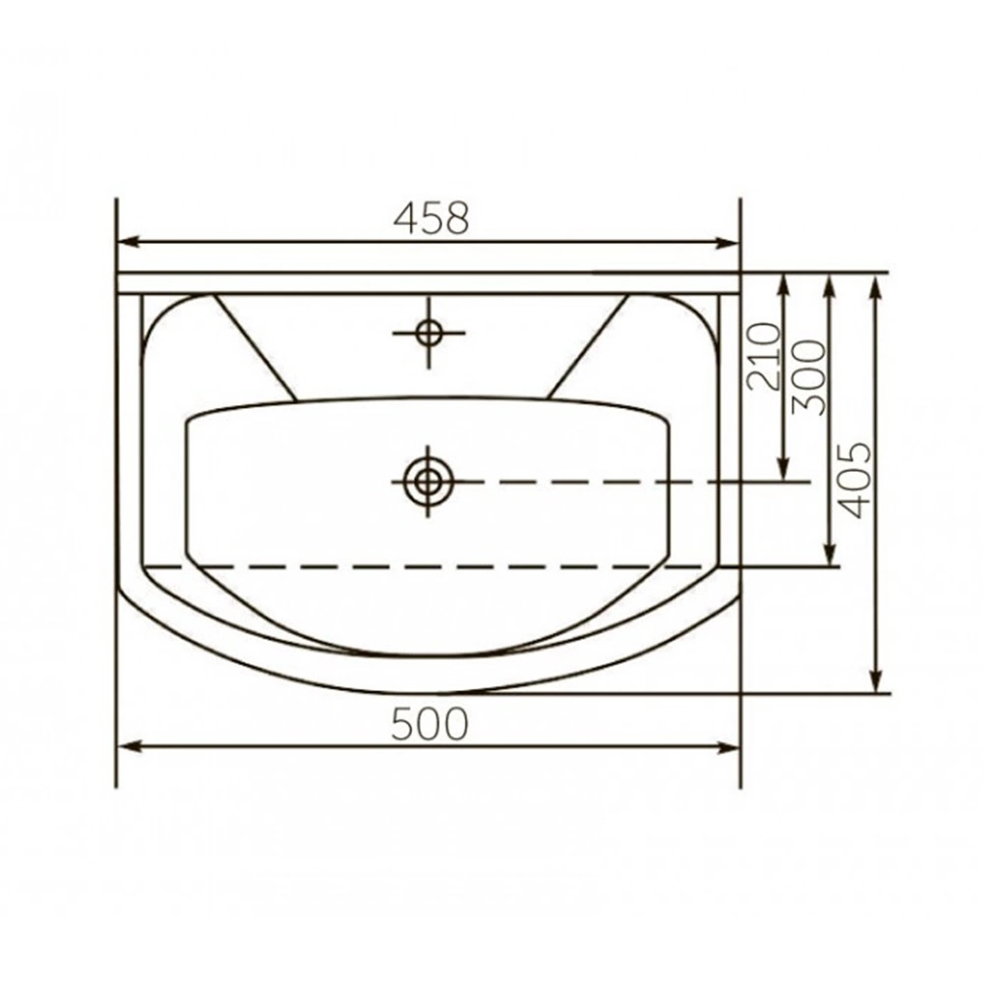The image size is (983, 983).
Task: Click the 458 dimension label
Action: click(432, 217)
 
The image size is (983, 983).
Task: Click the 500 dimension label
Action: click(431, 723)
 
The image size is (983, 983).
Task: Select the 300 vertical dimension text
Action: click(809, 377)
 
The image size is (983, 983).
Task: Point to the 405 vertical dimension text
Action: click(854, 481)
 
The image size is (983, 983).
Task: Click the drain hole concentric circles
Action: click(429, 482)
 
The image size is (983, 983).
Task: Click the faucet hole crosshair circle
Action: click(429, 332)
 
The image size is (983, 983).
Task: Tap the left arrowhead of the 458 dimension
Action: click(129, 242)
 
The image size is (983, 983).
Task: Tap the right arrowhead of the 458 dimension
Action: click(727, 242)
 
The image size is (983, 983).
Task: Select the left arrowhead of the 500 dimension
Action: click(129, 746)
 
